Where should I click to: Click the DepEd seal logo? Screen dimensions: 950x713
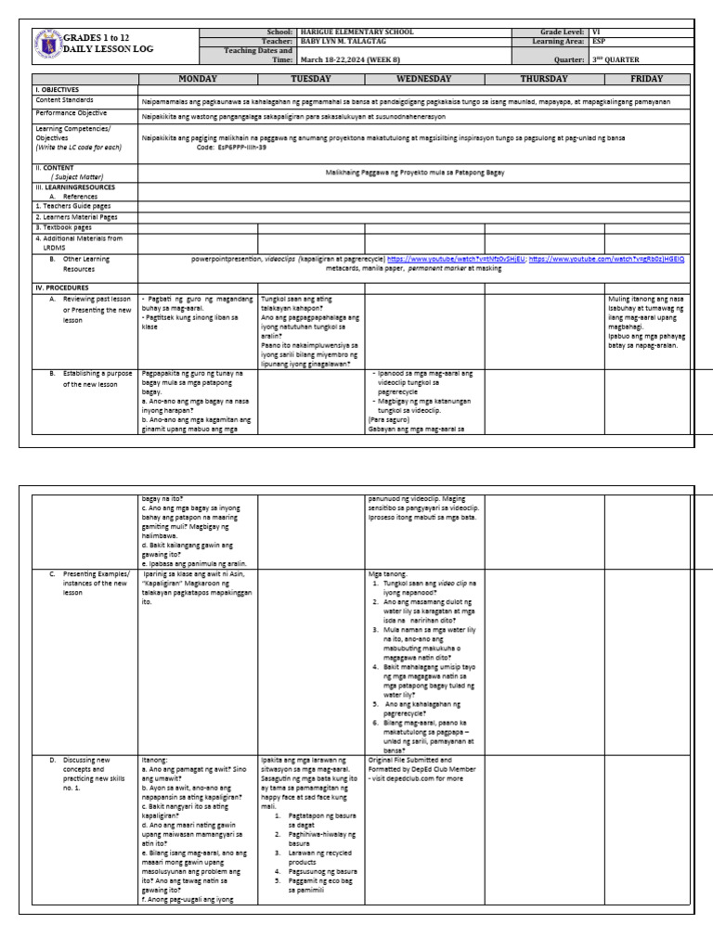tap(48, 42)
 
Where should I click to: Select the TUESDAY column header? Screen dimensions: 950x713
tap(311, 79)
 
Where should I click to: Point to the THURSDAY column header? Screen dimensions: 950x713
tap(543, 79)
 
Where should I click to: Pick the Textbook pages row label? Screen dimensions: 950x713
tap(65, 226)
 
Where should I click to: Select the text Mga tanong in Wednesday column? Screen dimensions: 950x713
tap(389, 574)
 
